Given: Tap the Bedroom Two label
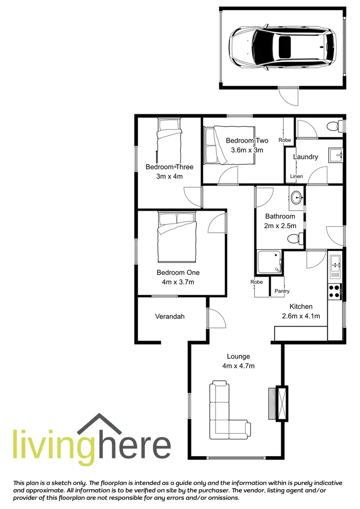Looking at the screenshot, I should [x=247, y=140].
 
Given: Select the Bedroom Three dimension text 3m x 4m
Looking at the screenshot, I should [x=169, y=176].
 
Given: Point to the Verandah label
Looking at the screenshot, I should [x=169, y=316].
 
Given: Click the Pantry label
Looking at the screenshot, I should [x=282, y=291].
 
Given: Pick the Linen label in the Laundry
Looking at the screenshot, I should [x=297, y=177].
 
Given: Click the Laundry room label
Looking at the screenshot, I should [x=305, y=157].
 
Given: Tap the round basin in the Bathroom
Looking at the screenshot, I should [x=297, y=197].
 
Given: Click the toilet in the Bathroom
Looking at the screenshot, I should [x=293, y=238].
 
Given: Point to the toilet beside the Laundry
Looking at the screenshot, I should [x=332, y=127].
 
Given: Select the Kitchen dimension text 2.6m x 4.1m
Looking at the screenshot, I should [x=300, y=315].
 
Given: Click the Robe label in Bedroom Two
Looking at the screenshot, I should [x=285, y=140].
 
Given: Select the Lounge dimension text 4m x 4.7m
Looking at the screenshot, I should [x=238, y=366].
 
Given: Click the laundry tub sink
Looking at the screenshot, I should [x=335, y=155].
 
